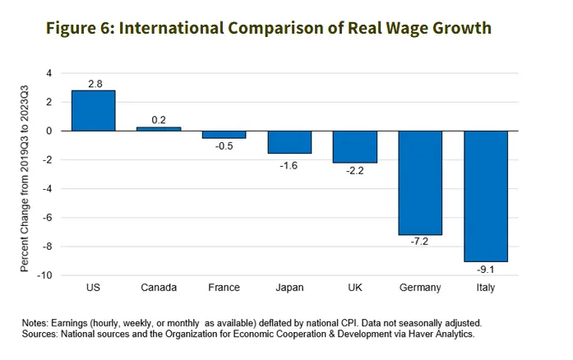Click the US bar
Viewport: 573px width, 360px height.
[93, 110]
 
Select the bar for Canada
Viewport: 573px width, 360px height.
[159, 129]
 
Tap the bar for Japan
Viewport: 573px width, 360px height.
[289, 142]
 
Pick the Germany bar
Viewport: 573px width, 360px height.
[420, 182]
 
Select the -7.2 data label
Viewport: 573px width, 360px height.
[420, 242]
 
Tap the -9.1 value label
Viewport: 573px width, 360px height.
[486, 270]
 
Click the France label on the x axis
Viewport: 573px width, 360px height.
[224, 288]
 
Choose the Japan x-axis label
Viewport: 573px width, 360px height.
[289, 288]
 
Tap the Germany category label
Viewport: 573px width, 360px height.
[420, 288]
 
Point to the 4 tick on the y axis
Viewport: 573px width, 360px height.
[49, 73]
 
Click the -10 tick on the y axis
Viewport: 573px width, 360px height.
[44, 275]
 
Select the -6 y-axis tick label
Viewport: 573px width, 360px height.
[47, 218]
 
